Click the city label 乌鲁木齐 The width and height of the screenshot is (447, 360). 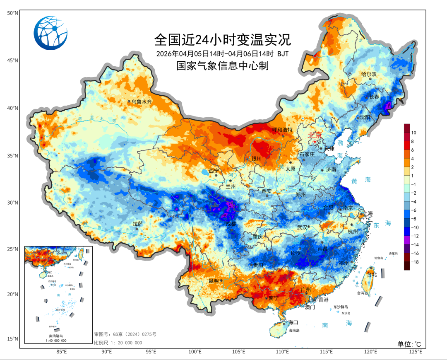pyautogui.click(x=142, y=101)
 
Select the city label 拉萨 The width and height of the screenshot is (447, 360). pyautogui.click(x=137, y=223)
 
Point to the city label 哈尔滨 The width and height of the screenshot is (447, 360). pyautogui.click(x=369, y=75)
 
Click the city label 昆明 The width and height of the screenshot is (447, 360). pyautogui.click(x=214, y=280)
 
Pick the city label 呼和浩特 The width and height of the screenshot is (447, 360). pyautogui.click(x=282, y=130)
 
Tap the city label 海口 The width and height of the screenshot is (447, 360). pyautogui.click(x=293, y=322)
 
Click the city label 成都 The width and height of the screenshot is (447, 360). pyautogui.click(x=231, y=224)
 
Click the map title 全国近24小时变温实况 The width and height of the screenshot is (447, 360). pyautogui.click(x=223, y=40)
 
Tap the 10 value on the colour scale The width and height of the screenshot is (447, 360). pyautogui.click(x=413, y=133)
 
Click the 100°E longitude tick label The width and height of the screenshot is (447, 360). pyautogui.click(x=195, y=352)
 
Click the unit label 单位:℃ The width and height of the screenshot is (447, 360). pyautogui.click(x=409, y=344)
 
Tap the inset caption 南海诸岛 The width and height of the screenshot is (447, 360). pyautogui.click(x=58, y=336)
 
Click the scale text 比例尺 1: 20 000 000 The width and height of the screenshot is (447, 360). pyautogui.click(x=118, y=343)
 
